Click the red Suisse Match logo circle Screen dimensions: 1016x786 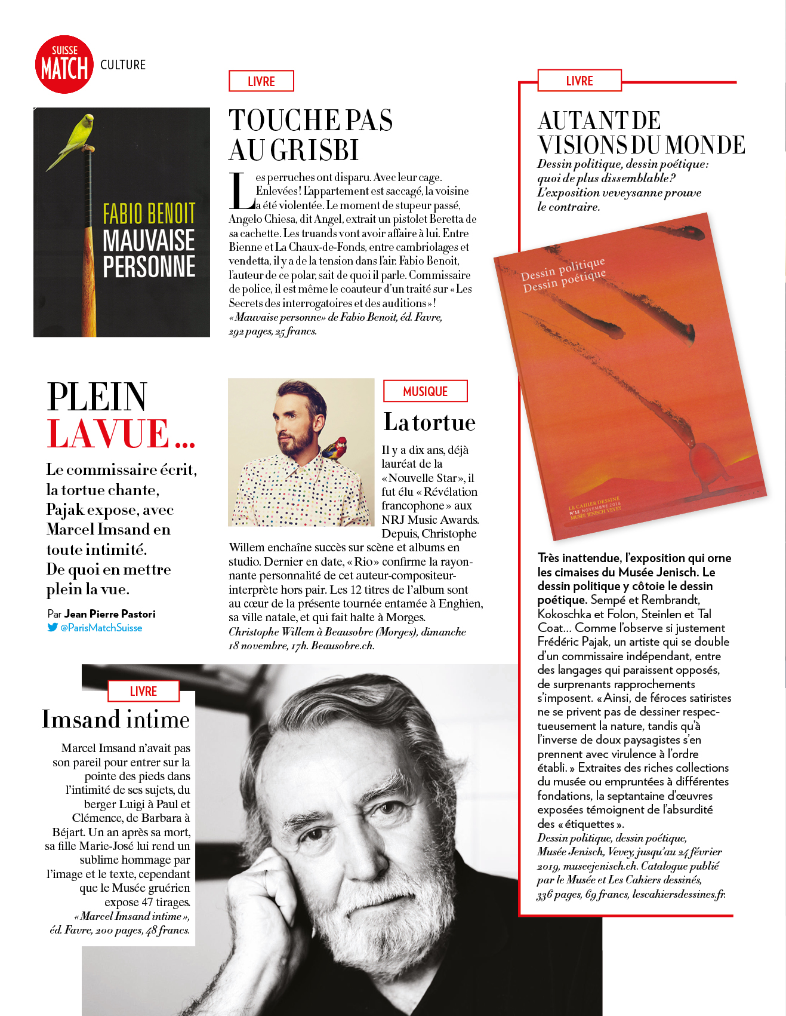click(64, 65)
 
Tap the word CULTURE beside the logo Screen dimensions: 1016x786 click(123, 65)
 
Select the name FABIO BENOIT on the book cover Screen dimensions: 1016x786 click(149, 213)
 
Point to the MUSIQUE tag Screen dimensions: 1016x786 click(425, 391)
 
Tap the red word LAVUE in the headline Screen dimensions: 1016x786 click(109, 434)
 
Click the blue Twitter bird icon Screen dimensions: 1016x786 click(53, 627)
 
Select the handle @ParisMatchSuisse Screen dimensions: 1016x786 click(101, 628)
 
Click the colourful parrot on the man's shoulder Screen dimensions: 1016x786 click(334, 448)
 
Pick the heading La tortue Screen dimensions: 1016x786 click(429, 422)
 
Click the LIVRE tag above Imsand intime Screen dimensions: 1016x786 click(143, 691)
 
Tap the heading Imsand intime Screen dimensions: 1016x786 click(116, 719)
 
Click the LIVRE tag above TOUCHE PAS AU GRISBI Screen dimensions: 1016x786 click(261, 81)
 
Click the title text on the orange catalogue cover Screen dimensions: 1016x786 click(563, 275)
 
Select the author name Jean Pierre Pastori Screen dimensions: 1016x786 click(110, 613)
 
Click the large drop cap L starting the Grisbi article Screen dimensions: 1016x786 click(241, 191)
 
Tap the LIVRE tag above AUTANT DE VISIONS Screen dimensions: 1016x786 click(580, 81)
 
